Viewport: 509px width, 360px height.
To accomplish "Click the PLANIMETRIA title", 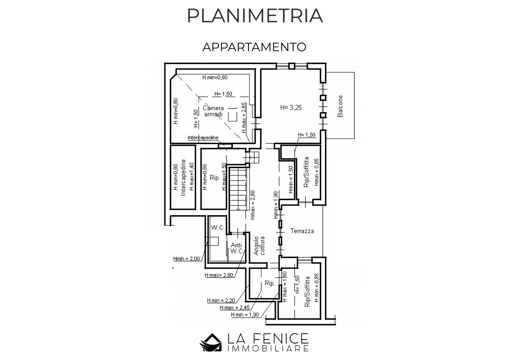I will point(255,16).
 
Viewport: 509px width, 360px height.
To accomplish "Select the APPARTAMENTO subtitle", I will point(254,47).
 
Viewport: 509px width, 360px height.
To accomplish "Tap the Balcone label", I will point(340,106).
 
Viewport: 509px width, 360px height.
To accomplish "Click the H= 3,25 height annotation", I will point(291,107).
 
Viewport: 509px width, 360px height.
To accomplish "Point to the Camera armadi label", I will point(213,111).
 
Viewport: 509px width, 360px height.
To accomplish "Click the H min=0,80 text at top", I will point(215,77).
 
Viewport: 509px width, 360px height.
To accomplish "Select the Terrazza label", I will point(302,231).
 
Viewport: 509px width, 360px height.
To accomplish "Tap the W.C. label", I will point(218,227).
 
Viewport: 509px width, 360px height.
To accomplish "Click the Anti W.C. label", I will point(236,248).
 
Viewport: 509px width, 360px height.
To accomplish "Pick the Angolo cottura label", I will point(259,246).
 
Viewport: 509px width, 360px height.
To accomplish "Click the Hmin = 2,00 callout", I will point(186,259).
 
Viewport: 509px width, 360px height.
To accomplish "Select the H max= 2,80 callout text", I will point(219,275).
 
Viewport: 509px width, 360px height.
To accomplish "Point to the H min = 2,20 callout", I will point(221,301).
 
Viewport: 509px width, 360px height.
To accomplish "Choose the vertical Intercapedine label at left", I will point(183,177).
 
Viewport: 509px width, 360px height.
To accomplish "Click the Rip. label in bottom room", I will point(270,283).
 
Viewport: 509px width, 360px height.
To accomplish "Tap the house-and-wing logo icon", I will point(211,342).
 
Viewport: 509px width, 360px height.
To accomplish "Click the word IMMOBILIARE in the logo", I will point(268,348).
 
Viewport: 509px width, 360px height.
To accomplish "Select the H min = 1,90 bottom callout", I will point(245,315).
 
